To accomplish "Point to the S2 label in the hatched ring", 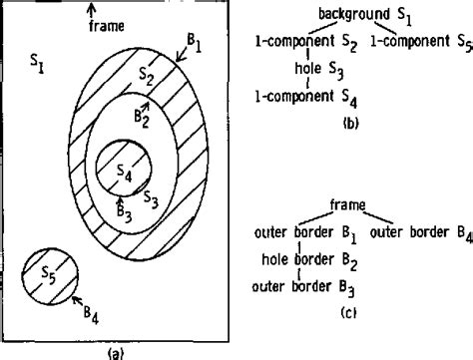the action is (147, 76).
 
